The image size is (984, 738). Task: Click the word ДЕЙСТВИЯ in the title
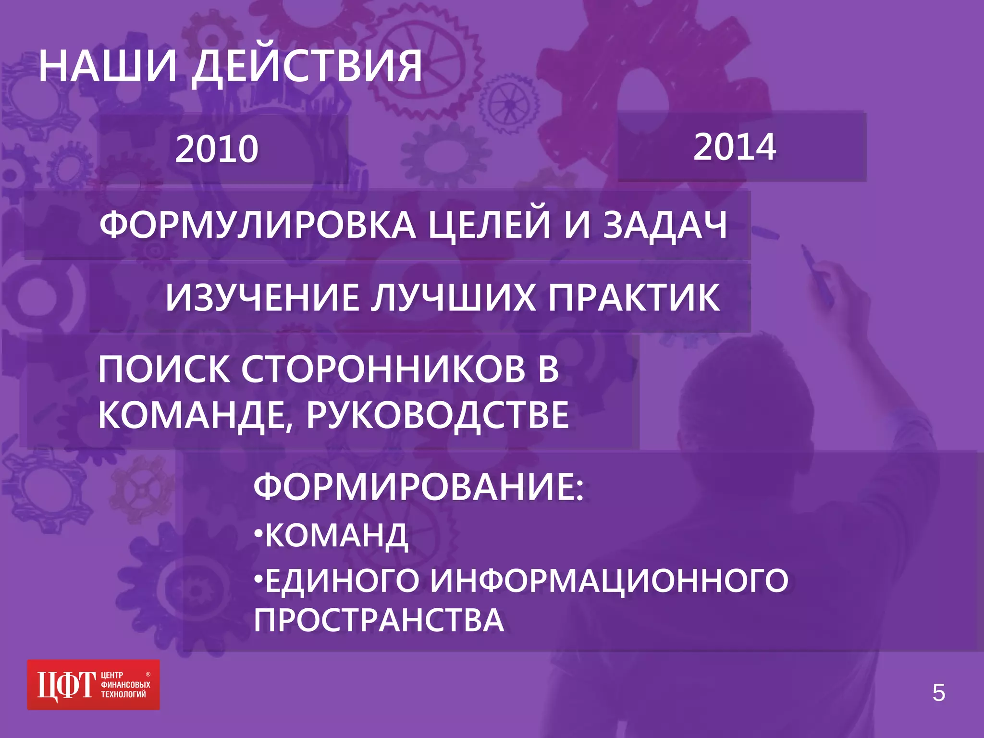[x=307, y=67]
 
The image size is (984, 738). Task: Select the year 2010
[x=217, y=149]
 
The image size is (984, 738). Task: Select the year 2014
[x=734, y=147]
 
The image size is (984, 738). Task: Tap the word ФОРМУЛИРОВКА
[x=258, y=225]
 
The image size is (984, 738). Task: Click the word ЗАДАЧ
[x=665, y=225]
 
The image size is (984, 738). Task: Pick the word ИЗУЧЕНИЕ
[x=262, y=297]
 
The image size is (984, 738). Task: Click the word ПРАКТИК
[x=634, y=297]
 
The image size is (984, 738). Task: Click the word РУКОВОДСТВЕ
[x=438, y=415]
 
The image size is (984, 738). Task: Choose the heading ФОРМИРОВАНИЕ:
[x=418, y=487]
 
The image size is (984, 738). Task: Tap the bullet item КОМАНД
[x=336, y=535]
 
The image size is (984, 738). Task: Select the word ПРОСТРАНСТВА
[x=379, y=620]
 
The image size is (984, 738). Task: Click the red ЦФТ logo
[x=93, y=685]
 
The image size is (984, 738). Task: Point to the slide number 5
[x=938, y=693]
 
